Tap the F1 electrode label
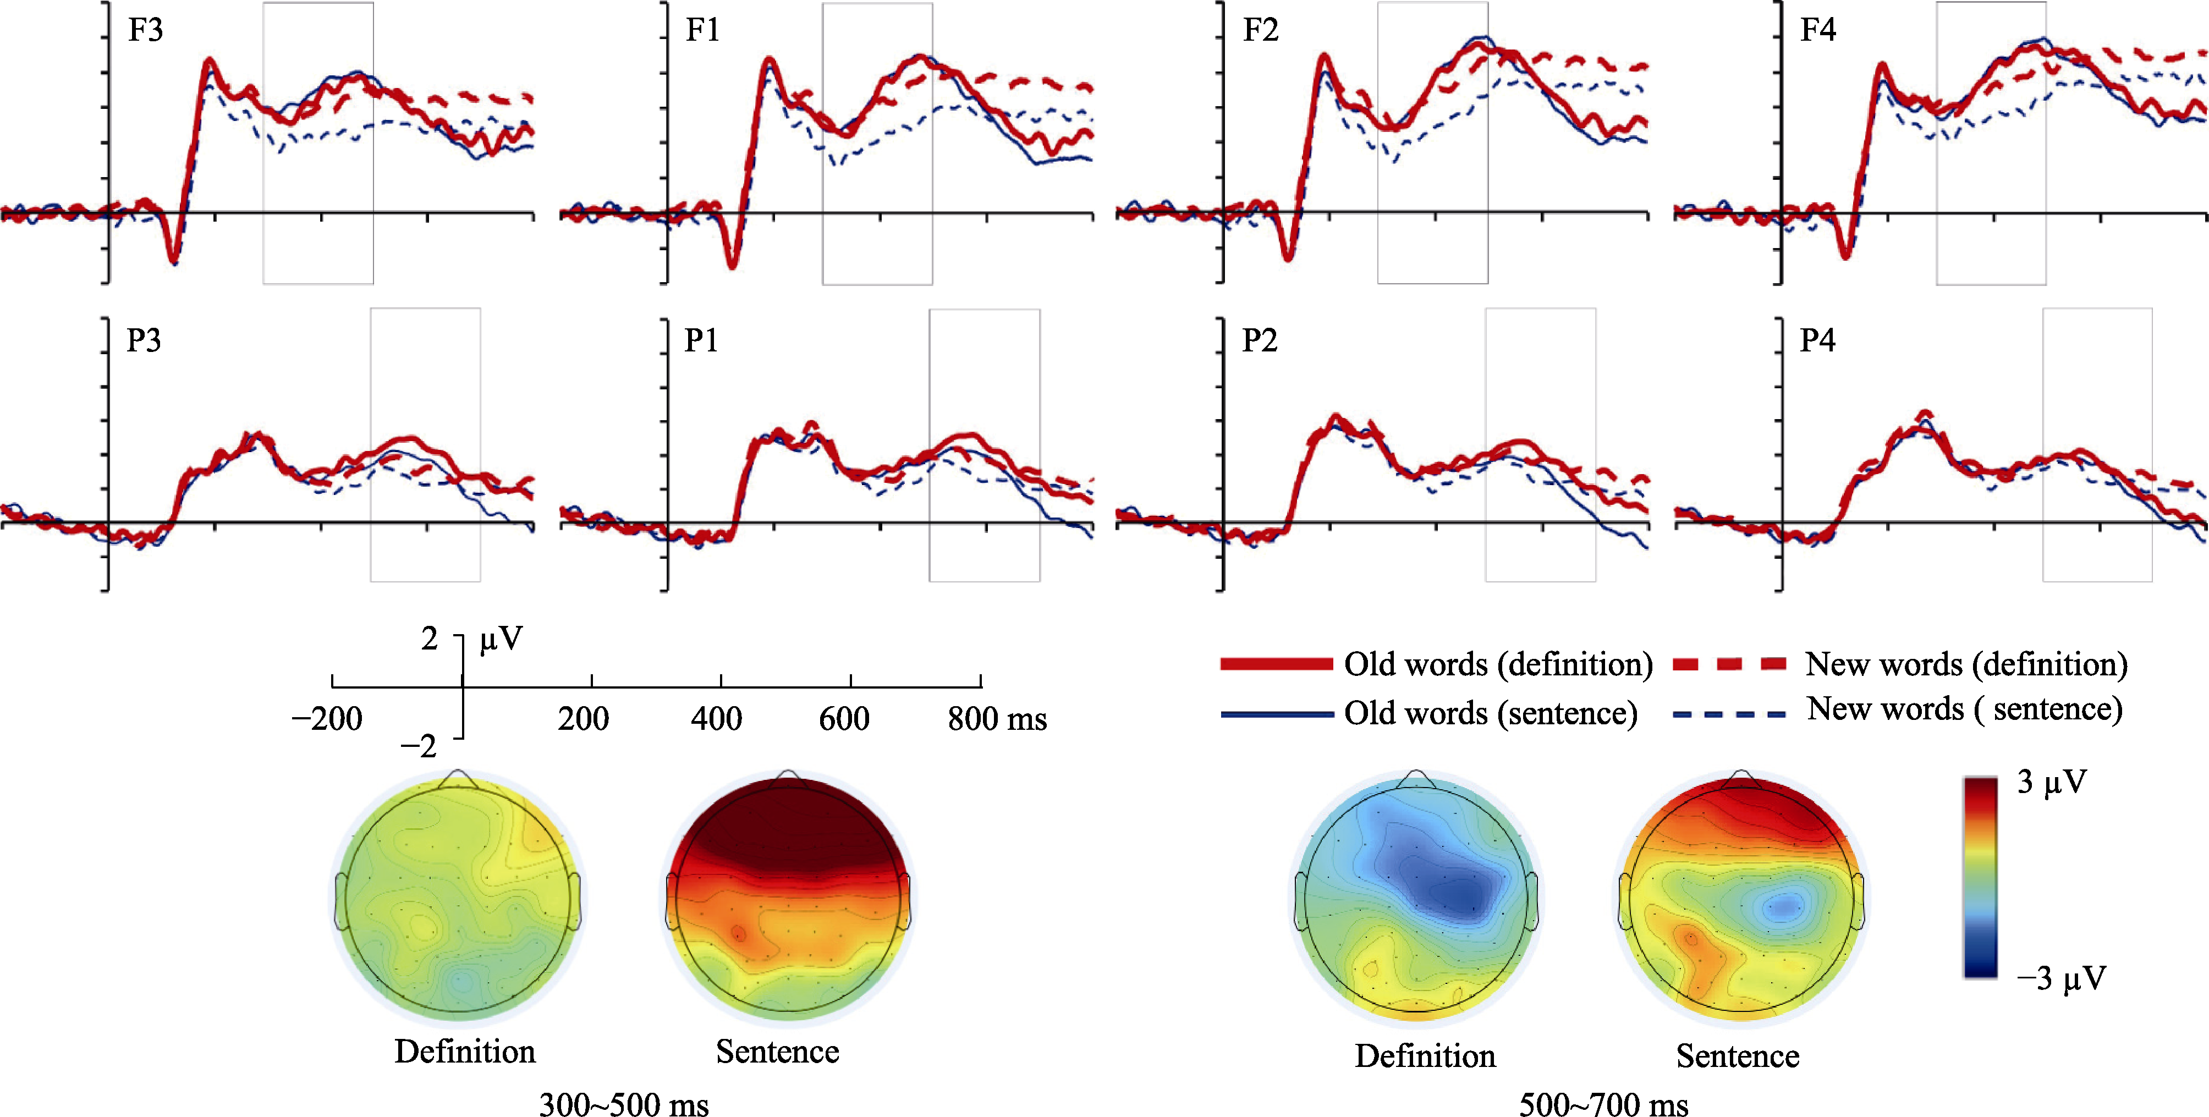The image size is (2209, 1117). point(702,30)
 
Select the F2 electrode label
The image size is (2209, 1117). point(1261,30)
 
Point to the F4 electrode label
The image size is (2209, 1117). point(1818,30)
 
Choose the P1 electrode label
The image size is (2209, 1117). point(701,340)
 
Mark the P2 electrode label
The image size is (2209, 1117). point(1259,340)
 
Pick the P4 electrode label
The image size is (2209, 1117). point(1817,340)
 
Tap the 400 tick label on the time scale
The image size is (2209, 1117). point(716,718)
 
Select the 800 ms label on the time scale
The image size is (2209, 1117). point(997,718)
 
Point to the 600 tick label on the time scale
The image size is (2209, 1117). point(844,718)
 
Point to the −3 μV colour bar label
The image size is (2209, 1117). point(2060,978)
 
